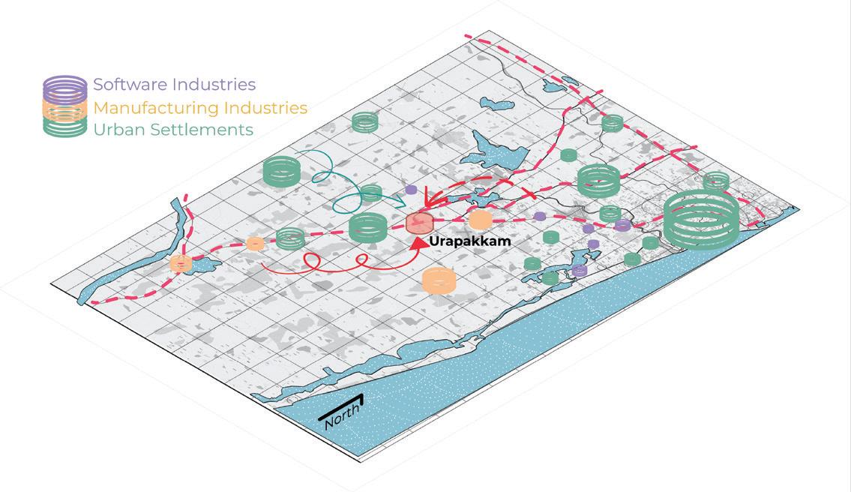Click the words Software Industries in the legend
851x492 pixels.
point(174,84)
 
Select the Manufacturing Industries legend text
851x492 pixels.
point(200,107)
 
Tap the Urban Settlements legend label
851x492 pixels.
point(172,130)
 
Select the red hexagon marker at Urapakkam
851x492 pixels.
point(419,223)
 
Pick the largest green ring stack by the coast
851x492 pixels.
point(701,217)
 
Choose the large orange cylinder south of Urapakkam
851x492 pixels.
point(439,280)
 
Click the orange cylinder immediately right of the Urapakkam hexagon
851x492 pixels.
point(479,220)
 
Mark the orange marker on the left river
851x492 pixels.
point(181,263)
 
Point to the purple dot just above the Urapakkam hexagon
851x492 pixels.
point(411,190)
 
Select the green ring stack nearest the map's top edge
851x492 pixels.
point(365,121)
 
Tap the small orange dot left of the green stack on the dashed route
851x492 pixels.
point(256,244)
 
